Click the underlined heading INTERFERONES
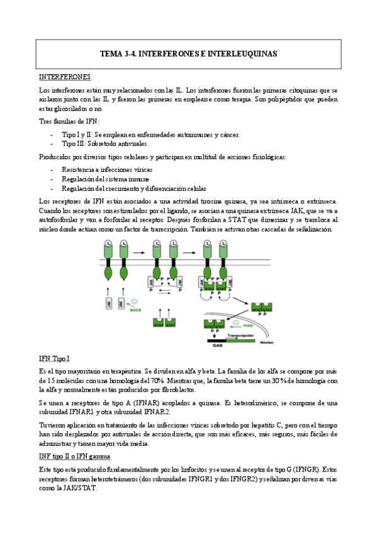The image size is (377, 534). tap(65, 77)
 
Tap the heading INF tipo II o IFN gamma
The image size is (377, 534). tap(75, 455)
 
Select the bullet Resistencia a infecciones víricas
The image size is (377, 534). tap(106, 170)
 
